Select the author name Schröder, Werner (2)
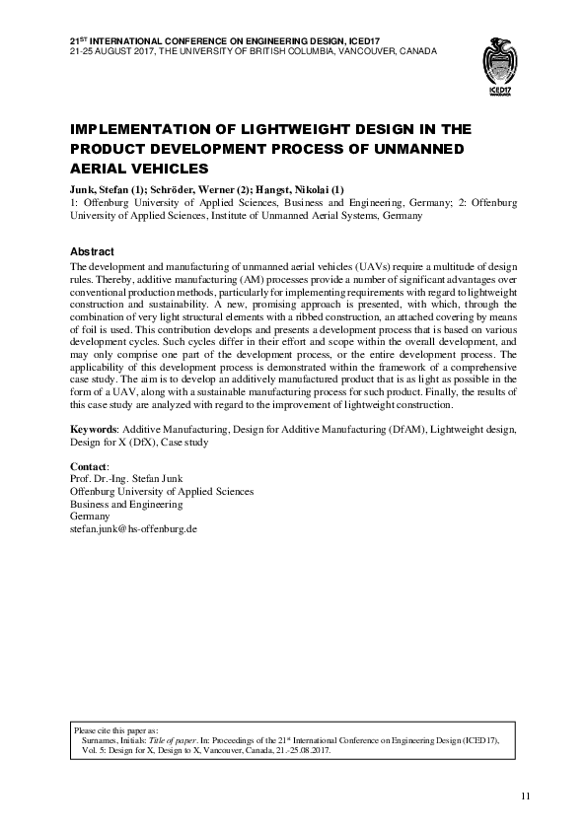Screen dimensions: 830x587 tap(193, 188)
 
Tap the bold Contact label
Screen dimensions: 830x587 tap(91, 465)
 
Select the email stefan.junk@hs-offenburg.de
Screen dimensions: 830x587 tap(136, 529)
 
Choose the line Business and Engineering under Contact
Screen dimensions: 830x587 tap(128, 504)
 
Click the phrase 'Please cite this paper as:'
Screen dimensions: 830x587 tap(122, 731)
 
